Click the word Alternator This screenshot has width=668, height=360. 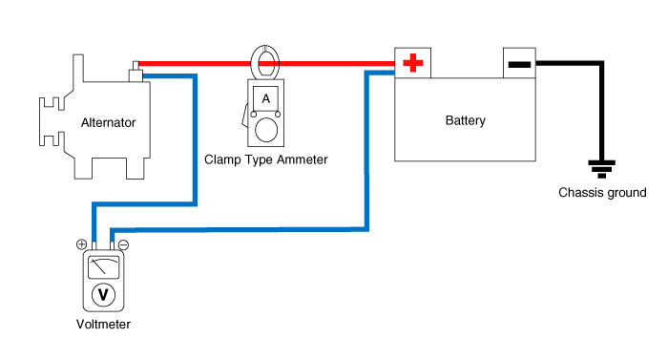point(109,122)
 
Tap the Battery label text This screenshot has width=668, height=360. point(465,120)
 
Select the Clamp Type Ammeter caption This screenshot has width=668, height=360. point(266,159)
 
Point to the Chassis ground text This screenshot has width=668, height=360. point(602,193)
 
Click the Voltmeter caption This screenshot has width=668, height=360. point(103,324)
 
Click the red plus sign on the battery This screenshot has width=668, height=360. point(412,64)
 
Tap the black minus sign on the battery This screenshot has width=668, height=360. point(518,64)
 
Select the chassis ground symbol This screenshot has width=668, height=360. point(602,170)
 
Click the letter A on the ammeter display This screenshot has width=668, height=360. point(265,98)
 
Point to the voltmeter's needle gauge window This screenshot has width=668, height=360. point(103,266)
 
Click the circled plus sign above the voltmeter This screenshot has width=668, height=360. point(83,244)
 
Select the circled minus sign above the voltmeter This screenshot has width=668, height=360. point(123,244)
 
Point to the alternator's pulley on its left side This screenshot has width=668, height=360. point(48,121)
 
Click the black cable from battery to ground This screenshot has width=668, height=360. point(602,105)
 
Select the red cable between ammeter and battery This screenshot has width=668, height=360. point(334,64)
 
